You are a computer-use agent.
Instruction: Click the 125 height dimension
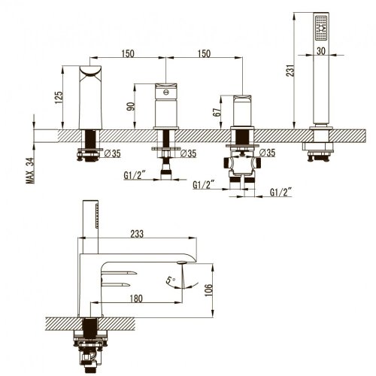tap(59, 98)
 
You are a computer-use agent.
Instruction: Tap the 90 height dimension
tap(131, 106)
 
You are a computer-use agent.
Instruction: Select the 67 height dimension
tap(217, 111)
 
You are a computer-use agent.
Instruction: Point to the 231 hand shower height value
tap(290, 71)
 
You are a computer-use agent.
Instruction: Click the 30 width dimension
tap(321, 51)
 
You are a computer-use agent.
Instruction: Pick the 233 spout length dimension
tap(137, 234)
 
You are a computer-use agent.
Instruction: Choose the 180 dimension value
tap(136, 299)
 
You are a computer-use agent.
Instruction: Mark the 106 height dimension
tap(208, 290)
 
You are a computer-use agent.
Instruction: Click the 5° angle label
tap(171, 280)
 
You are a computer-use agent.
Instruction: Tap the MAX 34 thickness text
tap(30, 171)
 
